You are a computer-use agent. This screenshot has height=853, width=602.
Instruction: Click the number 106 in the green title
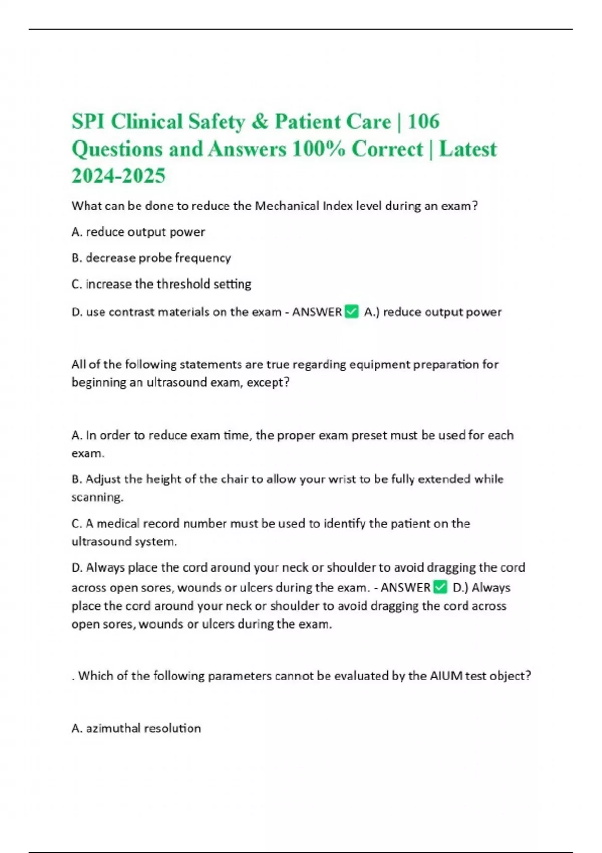[424, 122]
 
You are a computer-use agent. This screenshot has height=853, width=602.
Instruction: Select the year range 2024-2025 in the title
[118, 176]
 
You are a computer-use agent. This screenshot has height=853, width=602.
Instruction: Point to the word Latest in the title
[468, 149]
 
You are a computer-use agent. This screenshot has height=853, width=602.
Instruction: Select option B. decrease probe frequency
[151, 258]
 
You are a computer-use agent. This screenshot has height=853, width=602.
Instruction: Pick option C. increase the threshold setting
[161, 284]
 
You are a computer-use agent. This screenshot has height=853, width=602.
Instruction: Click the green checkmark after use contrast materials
[352, 312]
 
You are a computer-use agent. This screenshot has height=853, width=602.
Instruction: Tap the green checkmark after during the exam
[440, 587]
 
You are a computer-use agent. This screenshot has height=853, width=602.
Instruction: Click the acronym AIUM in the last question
[446, 676]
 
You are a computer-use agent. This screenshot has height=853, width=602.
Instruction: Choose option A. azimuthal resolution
[136, 728]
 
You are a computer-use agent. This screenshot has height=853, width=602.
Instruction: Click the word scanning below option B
[97, 497]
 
